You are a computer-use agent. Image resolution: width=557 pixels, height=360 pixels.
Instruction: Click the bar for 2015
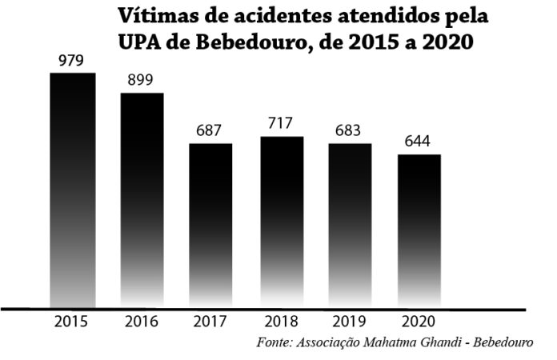(73, 190)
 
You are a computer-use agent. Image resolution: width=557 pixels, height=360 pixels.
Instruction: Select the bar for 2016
(142, 200)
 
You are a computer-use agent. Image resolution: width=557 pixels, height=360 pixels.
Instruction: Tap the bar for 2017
(211, 225)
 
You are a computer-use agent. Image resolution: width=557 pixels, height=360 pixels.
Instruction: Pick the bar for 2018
(281, 222)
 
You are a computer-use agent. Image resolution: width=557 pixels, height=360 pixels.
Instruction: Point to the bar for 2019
(350, 225)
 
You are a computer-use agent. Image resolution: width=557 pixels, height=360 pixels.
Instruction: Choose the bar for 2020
(419, 230)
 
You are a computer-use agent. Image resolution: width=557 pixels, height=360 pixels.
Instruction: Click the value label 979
(73, 61)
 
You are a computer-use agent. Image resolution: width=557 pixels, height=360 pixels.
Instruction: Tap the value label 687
(210, 130)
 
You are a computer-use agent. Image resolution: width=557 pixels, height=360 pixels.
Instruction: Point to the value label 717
(281, 124)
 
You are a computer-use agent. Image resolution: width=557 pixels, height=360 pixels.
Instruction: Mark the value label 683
(350, 130)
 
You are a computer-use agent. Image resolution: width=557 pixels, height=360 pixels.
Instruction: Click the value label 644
(418, 142)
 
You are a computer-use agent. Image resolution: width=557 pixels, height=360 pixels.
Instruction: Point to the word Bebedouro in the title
(241, 42)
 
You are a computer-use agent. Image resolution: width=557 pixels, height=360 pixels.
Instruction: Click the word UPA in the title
(141, 42)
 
